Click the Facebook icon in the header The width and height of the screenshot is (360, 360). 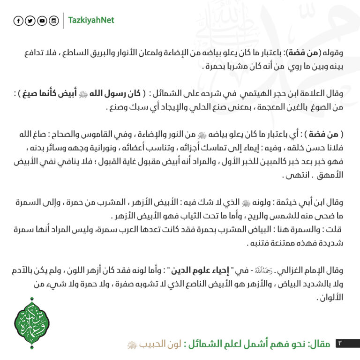point(18,21)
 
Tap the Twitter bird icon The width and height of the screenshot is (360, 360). point(30,21)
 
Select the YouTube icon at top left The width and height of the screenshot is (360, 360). point(42,21)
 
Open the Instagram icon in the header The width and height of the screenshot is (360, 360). point(54,21)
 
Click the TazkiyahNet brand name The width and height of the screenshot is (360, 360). point(91,21)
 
